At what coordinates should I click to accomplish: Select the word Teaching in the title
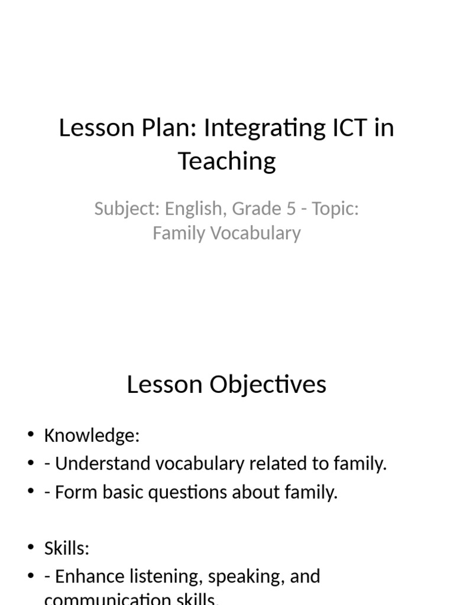(227, 161)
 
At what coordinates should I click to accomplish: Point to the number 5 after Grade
(291, 209)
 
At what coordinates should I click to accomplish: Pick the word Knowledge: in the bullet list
(92, 436)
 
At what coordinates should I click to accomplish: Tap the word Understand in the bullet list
(103, 464)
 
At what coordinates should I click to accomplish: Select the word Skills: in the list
(66, 548)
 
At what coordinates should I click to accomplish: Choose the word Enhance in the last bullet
(90, 577)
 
